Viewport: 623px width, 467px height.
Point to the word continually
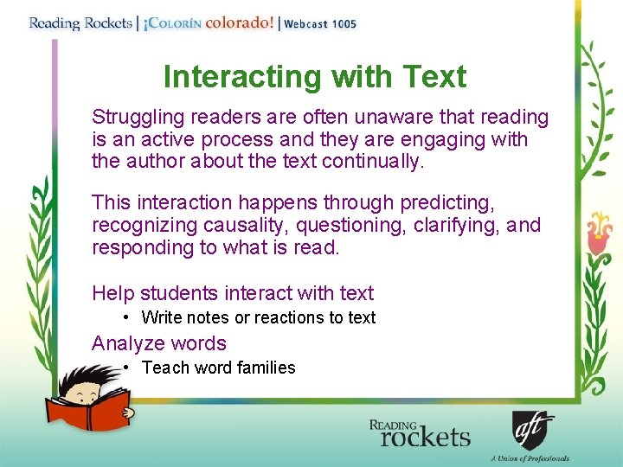[x=375, y=162]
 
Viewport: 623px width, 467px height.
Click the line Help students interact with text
[x=233, y=293]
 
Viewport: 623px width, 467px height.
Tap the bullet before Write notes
[x=126, y=317]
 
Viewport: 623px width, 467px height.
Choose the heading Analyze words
[x=159, y=343]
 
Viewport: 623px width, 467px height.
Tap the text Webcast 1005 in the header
[x=320, y=24]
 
